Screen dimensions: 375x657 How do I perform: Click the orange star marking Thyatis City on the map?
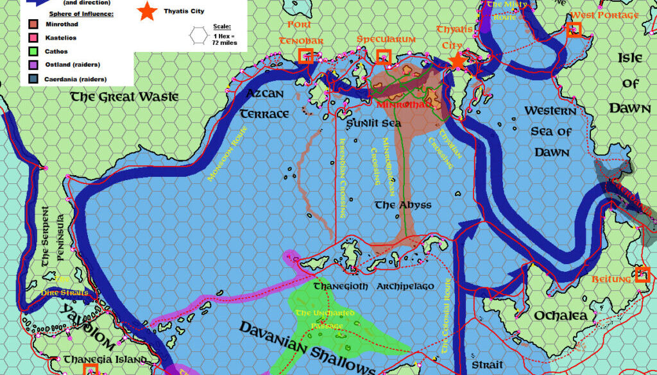457,62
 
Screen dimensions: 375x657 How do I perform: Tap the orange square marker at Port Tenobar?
306,56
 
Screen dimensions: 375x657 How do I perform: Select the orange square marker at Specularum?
383,56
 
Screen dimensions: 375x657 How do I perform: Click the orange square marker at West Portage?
574,29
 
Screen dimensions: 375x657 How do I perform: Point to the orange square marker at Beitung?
642,274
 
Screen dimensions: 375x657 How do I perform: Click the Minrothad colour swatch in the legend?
33,24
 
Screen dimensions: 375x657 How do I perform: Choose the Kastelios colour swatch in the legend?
33,38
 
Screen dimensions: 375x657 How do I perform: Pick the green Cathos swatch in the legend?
33,51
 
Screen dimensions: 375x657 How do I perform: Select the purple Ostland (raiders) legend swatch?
33,65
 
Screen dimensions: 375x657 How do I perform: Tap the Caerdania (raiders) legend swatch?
33,79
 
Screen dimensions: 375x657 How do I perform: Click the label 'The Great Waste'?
120,97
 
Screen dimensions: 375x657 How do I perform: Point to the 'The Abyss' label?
403,205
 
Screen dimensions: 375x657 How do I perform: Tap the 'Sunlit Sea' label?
373,122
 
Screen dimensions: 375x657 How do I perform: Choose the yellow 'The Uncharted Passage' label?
321,319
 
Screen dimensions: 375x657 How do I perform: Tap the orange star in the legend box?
148,11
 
